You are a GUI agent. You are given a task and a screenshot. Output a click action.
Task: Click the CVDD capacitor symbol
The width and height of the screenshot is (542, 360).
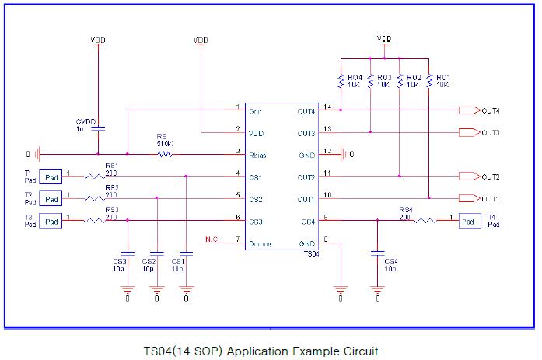tap(98, 129)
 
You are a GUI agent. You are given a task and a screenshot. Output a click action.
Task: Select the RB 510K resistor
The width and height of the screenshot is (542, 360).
tap(164, 154)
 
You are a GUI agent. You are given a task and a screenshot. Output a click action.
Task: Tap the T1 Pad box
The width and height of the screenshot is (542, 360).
tap(51, 177)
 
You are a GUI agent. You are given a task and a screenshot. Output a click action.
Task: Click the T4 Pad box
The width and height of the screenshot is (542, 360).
tap(469, 222)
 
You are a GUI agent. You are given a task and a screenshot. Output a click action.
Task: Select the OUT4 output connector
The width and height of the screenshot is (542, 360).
tap(469, 110)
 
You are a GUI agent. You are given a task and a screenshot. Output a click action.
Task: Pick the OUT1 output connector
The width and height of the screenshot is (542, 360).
tap(469, 199)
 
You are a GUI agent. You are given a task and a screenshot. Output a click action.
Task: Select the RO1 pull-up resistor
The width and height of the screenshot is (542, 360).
tap(429, 80)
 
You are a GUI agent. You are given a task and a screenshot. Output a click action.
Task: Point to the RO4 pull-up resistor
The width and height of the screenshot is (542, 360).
tap(341, 80)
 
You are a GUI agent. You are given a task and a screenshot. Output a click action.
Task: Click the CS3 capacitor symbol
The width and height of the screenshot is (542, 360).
tap(128, 252)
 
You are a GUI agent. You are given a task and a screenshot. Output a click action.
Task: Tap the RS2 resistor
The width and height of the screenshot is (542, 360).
tap(94, 199)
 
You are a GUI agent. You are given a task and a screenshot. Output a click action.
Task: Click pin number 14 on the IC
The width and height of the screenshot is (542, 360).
tap(327, 107)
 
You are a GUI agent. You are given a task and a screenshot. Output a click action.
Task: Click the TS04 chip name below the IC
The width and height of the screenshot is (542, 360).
tap(309, 255)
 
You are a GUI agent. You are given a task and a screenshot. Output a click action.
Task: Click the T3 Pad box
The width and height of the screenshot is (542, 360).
tap(51, 222)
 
